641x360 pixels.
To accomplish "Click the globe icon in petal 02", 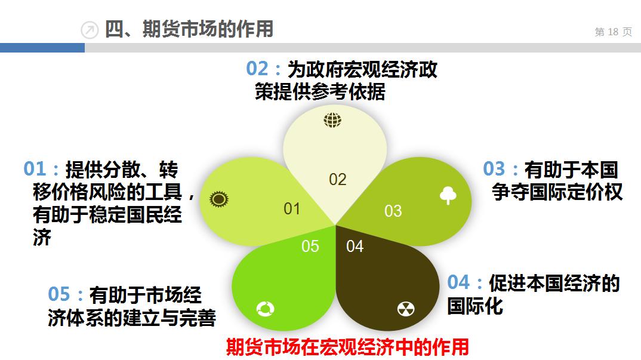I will [x=332, y=120].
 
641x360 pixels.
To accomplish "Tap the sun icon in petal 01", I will [x=219, y=199].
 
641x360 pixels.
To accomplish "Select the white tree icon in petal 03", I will [x=448, y=195].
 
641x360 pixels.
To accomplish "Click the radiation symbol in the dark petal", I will [x=406, y=309].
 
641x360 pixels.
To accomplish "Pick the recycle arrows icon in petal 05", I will [x=264, y=309].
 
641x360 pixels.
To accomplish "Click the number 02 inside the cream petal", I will [x=338, y=180].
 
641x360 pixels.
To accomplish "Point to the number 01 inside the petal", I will [x=292, y=209].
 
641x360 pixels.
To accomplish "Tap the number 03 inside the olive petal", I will [x=393, y=211].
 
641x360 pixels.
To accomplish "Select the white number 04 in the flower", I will [x=355, y=247].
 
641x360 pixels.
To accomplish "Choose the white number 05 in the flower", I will [x=310, y=247].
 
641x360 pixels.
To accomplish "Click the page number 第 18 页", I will [x=613, y=32].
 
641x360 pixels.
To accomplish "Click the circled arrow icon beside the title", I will [x=90, y=30].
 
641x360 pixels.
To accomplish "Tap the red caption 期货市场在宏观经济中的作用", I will [x=347, y=347].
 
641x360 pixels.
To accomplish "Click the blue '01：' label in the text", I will [x=42, y=169].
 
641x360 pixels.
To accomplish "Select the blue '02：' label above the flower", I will [x=264, y=69].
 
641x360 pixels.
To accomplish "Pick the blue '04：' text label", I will [x=466, y=282].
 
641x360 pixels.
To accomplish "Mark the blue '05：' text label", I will [x=66, y=294].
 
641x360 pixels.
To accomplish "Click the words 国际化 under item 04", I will [x=475, y=306].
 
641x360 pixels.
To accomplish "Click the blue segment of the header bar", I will [x=42, y=48].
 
